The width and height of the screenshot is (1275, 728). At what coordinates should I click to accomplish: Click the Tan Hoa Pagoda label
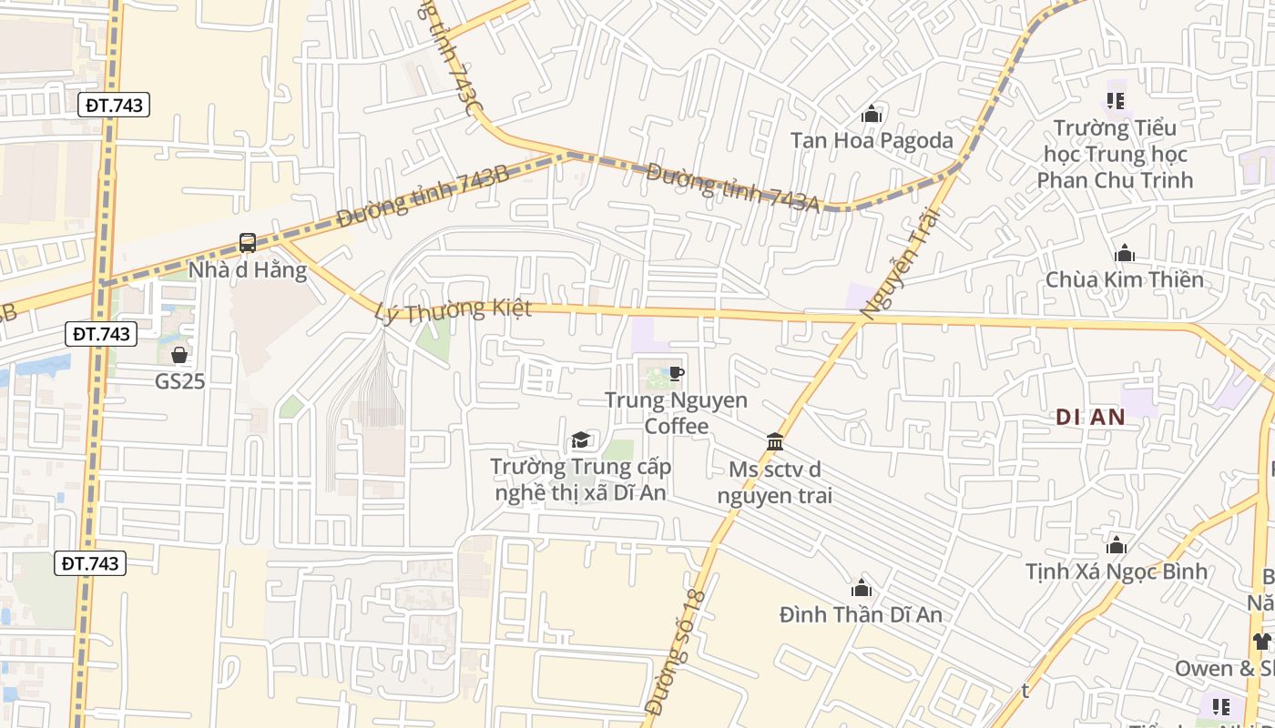pyautogui.click(x=872, y=140)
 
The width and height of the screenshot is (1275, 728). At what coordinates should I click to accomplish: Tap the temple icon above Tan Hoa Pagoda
pyautogui.click(x=872, y=115)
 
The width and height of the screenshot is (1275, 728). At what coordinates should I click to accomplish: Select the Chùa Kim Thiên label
pyautogui.click(x=1124, y=279)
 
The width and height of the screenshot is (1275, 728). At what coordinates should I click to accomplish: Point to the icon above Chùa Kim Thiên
pyautogui.click(x=1125, y=253)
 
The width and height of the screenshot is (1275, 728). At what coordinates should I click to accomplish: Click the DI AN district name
pyautogui.click(x=1090, y=417)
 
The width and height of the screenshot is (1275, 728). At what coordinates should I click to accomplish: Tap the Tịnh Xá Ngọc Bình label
pyautogui.click(x=1116, y=571)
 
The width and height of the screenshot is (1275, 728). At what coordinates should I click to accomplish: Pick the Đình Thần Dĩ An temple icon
pyautogui.click(x=861, y=588)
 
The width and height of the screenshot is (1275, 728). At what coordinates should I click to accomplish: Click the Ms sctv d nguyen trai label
pyautogui.click(x=775, y=482)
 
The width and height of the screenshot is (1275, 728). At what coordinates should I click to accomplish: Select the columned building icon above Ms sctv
pyautogui.click(x=775, y=442)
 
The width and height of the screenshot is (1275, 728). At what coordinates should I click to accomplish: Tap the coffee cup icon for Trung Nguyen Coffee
pyautogui.click(x=676, y=374)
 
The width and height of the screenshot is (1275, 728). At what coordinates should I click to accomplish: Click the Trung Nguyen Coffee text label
pyautogui.click(x=676, y=413)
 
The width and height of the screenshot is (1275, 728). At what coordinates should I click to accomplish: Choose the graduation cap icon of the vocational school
pyautogui.click(x=580, y=441)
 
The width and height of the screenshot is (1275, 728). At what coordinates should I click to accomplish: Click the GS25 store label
pyautogui.click(x=179, y=381)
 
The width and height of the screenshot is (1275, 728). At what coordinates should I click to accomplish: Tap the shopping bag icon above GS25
pyautogui.click(x=179, y=355)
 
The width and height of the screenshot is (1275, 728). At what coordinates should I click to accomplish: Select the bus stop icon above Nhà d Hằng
pyautogui.click(x=248, y=243)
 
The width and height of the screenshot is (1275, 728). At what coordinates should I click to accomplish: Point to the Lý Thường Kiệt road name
pyautogui.click(x=453, y=310)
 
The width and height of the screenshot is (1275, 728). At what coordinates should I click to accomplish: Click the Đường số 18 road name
pyautogui.click(x=675, y=652)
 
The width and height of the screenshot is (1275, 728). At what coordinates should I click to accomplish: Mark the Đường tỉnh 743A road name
pyautogui.click(x=732, y=187)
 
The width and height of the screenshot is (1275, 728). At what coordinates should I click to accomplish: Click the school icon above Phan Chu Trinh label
pyautogui.click(x=1116, y=101)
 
